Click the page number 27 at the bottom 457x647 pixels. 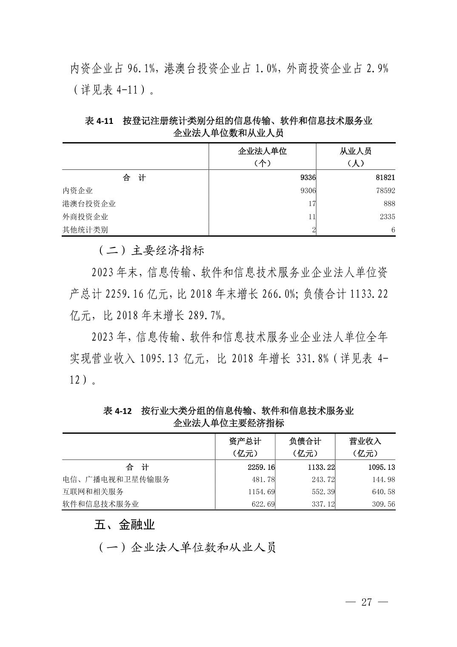(366, 602)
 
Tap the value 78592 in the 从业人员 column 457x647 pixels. (385, 191)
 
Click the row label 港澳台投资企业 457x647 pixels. (89, 204)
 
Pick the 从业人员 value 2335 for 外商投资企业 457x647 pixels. (387, 217)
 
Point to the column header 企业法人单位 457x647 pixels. (262, 152)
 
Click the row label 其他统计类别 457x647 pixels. (85, 230)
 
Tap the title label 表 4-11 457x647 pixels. (99, 121)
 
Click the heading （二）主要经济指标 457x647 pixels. (152, 250)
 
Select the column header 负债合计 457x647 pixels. (305, 441)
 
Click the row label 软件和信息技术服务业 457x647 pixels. (101, 504)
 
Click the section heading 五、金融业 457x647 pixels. (124, 525)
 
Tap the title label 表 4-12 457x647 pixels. (117, 411)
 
